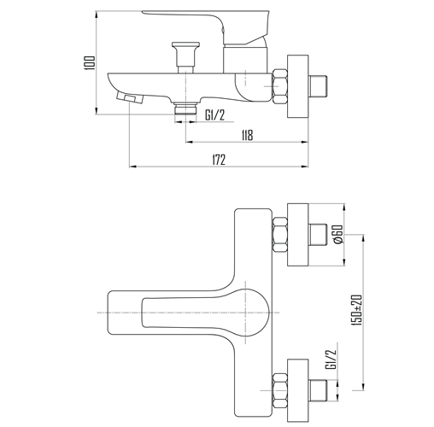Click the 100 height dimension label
click(90, 62)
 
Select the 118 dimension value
click(247, 135)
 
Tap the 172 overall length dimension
click(219, 160)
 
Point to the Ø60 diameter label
click(338, 234)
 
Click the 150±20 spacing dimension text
click(357, 310)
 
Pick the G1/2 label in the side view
click(215, 115)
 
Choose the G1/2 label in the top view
click(331, 360)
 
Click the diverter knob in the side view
click(185, 58)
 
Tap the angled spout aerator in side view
click(130, 98)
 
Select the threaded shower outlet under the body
click(185, 108)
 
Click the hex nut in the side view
click(280, 86)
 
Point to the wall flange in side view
click(298, 86)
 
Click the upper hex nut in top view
click(280, 235)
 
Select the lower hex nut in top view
click(280, 390)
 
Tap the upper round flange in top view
click(298, 235)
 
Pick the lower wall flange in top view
click(298, 390)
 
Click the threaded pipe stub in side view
click(318, 86)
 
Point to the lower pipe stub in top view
click(318, 390)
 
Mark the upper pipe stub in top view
click(318, 235)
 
